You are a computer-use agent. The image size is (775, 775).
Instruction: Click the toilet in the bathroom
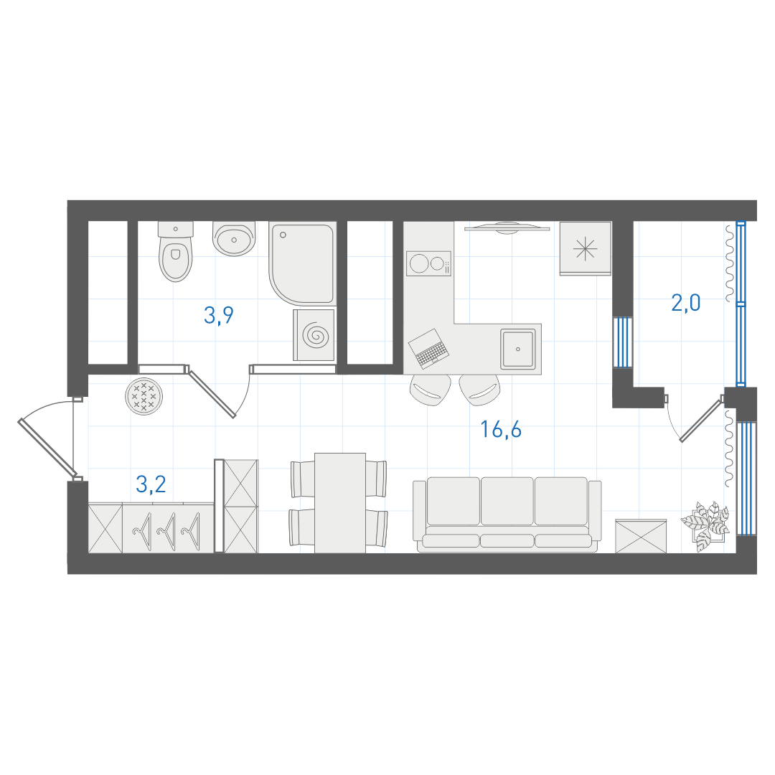[x=176, y=251]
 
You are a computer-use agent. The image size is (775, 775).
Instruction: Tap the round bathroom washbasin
[x=234, y=238]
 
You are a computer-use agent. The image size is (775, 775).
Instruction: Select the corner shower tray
[x=302, y=263]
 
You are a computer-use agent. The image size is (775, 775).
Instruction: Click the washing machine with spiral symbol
[x=314, y=335]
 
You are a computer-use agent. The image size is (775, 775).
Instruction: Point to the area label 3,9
[x=218, y=315]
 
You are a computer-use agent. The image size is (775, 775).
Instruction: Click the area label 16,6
[x=501, y=430]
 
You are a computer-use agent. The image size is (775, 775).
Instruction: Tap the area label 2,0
[x=685, y=303]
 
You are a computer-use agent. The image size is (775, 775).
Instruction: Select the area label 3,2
[x=151, y=484]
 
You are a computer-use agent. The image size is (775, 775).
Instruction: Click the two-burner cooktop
[x=428, y=263]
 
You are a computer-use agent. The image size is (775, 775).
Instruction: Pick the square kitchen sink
[x=517, y=349]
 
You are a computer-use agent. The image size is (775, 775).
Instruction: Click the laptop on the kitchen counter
[x=428, y=349]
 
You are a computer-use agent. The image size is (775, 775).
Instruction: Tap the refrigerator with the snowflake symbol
[x=586, y=248]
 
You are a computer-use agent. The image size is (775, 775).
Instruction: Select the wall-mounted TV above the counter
[x=507, y=227]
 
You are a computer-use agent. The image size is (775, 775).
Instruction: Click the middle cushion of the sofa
[x=507, y=501]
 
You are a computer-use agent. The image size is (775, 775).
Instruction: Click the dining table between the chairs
[x=340, y=502]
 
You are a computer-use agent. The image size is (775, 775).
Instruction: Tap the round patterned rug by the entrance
[x=144, y=396]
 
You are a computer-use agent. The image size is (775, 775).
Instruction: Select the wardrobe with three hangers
[x=168, y=528]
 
